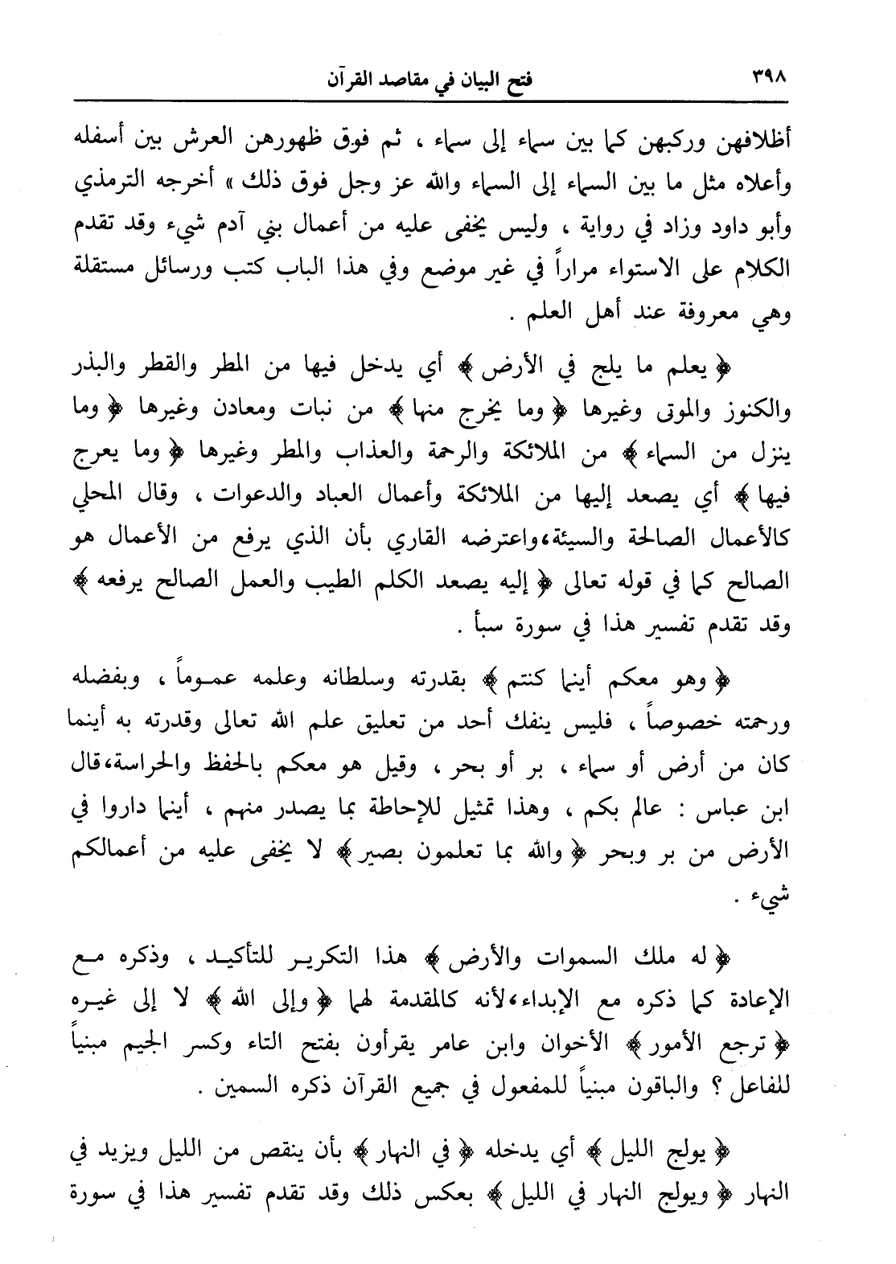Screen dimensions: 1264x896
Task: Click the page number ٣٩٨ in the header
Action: point(771,78)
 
